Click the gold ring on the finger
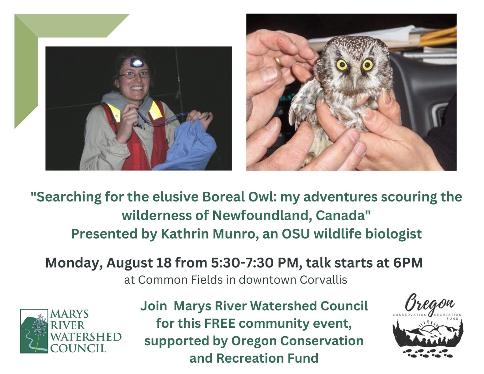(279, 62)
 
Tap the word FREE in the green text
(220, 323)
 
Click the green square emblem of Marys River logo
(34, 331)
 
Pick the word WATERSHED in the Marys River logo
(86, 337)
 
